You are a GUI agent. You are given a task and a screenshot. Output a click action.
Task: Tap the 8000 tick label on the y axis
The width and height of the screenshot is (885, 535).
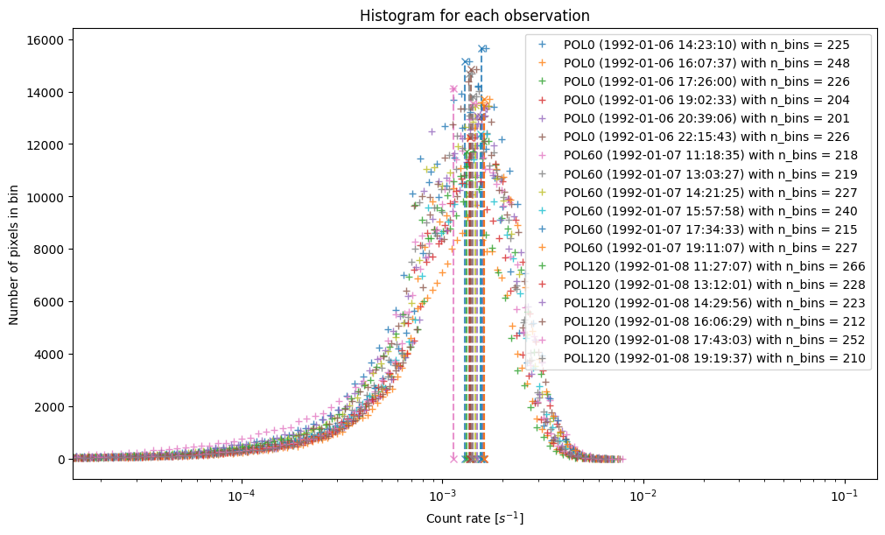click(50, 250)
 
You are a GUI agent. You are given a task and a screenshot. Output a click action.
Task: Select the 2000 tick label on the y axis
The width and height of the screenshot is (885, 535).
click(50, 407)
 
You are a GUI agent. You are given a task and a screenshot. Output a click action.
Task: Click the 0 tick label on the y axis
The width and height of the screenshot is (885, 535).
click(61, 460)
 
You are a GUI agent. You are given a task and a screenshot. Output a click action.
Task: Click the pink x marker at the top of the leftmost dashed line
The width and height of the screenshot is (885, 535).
click(453, 88)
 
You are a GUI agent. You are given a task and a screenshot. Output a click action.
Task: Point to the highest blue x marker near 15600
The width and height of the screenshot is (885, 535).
click(482, 49)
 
